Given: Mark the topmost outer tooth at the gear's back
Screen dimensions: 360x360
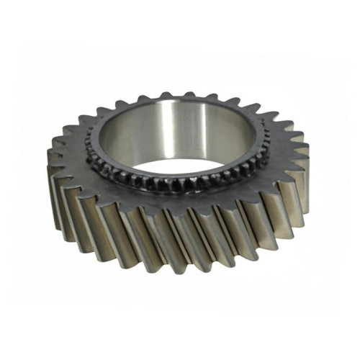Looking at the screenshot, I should pyautogui.click(x=189, y=95).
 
